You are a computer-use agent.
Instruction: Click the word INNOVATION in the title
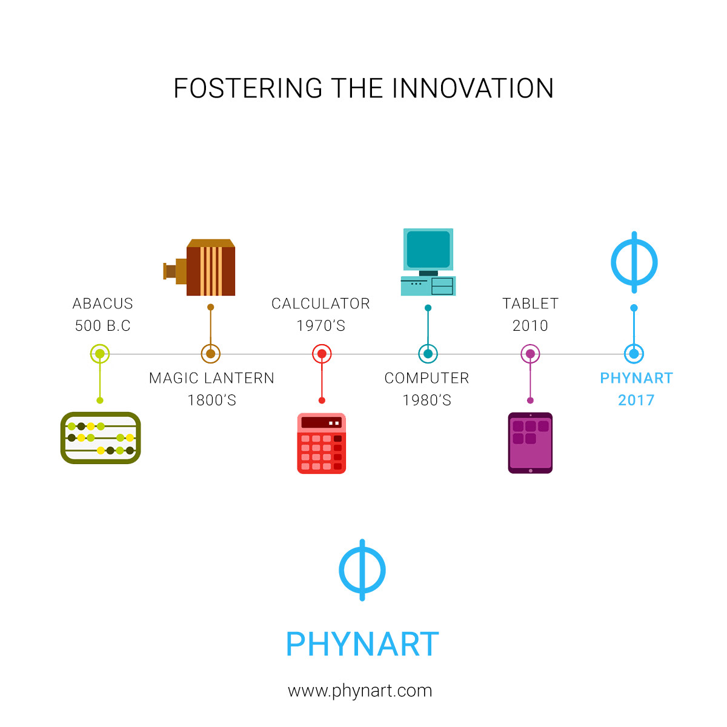(x=473, y=88)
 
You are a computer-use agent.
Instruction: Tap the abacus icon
(x=101, y=437)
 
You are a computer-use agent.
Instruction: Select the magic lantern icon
(x=199, y=267)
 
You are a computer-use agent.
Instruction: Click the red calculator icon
(x=322, y=443)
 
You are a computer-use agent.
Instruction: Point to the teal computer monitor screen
(x=428, y=249)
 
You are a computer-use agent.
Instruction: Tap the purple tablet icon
(x=530, y=442)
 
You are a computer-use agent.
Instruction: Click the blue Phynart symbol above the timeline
(x=634, y=262)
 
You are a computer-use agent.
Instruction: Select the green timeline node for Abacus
(x=100, y=354)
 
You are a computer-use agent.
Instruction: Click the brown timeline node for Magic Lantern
(x=210, y=354)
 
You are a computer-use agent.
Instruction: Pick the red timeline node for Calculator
(x=322, y=354)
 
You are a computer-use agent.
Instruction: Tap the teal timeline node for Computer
(x=428, y=354)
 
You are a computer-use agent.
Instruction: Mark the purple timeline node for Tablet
(x=530, y=354)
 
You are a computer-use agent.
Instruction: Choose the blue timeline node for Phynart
(x=634, y=354)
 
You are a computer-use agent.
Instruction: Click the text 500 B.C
(x=103, y=325)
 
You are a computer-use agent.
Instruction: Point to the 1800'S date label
(x=212, y=400)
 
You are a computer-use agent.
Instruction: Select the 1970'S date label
(x=321, y=325)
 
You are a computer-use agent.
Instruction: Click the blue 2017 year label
(x=636, y=400)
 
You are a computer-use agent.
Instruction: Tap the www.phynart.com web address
(x=360, y=691)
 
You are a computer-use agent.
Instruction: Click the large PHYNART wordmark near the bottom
(x=362, y=644)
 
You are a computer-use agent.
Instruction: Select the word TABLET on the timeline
(x=530, y=304)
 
